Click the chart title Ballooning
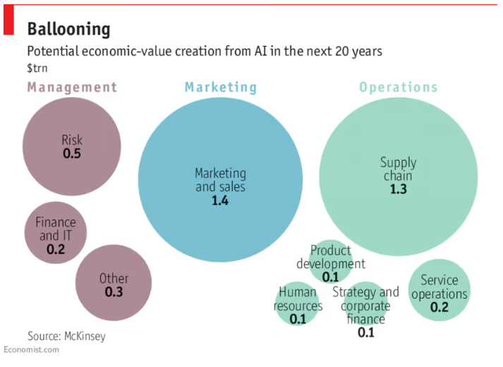point(68,29)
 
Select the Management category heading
point(72,88)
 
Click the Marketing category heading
point(221,88)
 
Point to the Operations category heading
point(398,88)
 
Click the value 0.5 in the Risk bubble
point(71,153)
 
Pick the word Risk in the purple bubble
point(71,140)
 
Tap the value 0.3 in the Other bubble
point(114,291)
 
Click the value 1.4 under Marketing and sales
point(220,200)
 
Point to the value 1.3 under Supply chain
point(398,189)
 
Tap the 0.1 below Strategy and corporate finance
point(365,332)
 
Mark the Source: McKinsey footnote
point(66,336)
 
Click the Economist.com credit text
point(30,350)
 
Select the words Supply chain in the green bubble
point(397,169)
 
